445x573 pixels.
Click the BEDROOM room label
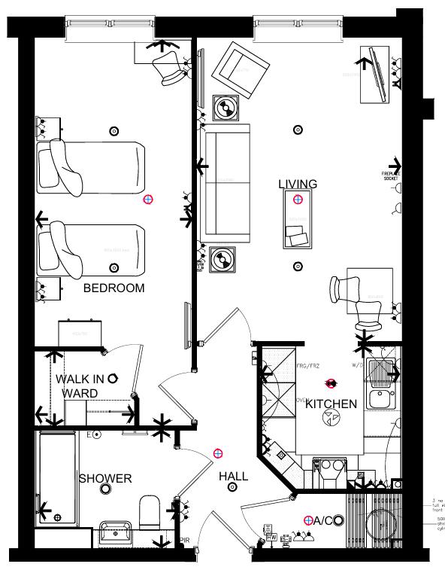point(114,288)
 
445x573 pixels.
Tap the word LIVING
point(298,184)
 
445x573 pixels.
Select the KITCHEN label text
point(331,404)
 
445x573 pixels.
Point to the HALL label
point(234,477)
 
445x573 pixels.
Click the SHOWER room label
point(106,479)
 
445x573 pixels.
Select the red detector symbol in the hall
point(218,453)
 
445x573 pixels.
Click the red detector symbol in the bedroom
point(148,200)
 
